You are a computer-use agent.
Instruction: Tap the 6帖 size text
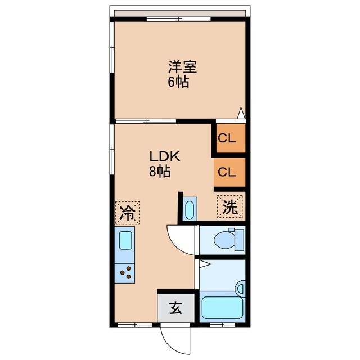[x=178, y=82]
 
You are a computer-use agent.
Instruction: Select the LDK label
[x=164, y=157]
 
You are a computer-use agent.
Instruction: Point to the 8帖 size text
[x=160, y=172]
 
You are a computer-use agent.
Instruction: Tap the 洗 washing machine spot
[x=231, y=206]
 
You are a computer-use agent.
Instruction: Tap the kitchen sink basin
[x=125, y=241]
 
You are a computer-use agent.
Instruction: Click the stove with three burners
[x=126, y=274]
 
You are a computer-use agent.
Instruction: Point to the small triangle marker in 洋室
[x=241, y=113]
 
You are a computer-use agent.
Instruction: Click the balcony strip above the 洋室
[x=180, y=13]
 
